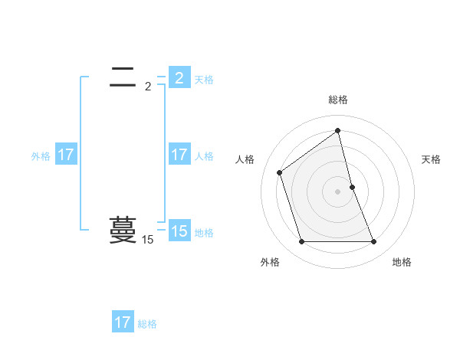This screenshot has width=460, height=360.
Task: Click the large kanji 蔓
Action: [x=123, y=229]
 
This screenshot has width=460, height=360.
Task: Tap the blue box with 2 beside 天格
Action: [x=179, y=78]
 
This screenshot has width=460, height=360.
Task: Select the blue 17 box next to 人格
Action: [x=179, y=155]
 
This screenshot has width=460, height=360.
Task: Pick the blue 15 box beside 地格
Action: [x=179, y=231]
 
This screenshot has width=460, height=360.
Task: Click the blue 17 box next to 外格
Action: [x=66, y=155]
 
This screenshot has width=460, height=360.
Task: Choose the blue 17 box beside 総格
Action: [x=123, y=322]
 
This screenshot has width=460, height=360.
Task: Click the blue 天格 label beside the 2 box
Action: [x=204, y=79]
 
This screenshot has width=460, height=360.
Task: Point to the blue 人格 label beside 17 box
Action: [x=204, y=155]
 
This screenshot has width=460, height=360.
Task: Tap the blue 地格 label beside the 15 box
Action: [x=204, y=232]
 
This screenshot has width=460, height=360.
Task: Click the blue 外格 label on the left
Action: [x=41, y=155]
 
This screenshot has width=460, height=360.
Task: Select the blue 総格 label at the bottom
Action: [x=147, y=323]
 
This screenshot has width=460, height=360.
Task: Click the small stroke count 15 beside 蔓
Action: [x=147, y=240]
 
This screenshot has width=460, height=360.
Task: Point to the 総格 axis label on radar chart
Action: [x=338, y=100]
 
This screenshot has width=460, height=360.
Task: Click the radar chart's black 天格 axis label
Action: [x=431, y=159]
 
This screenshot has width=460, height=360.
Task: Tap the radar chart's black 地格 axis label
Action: [x=402, y=262]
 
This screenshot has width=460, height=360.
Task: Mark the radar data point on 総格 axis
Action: [x=338, y=131]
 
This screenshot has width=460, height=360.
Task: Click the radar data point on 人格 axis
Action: [x=280, y=172]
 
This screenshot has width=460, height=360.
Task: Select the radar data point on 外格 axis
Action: [x=301, y=242]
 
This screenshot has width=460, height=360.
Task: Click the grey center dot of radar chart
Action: [x=338, y=191]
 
